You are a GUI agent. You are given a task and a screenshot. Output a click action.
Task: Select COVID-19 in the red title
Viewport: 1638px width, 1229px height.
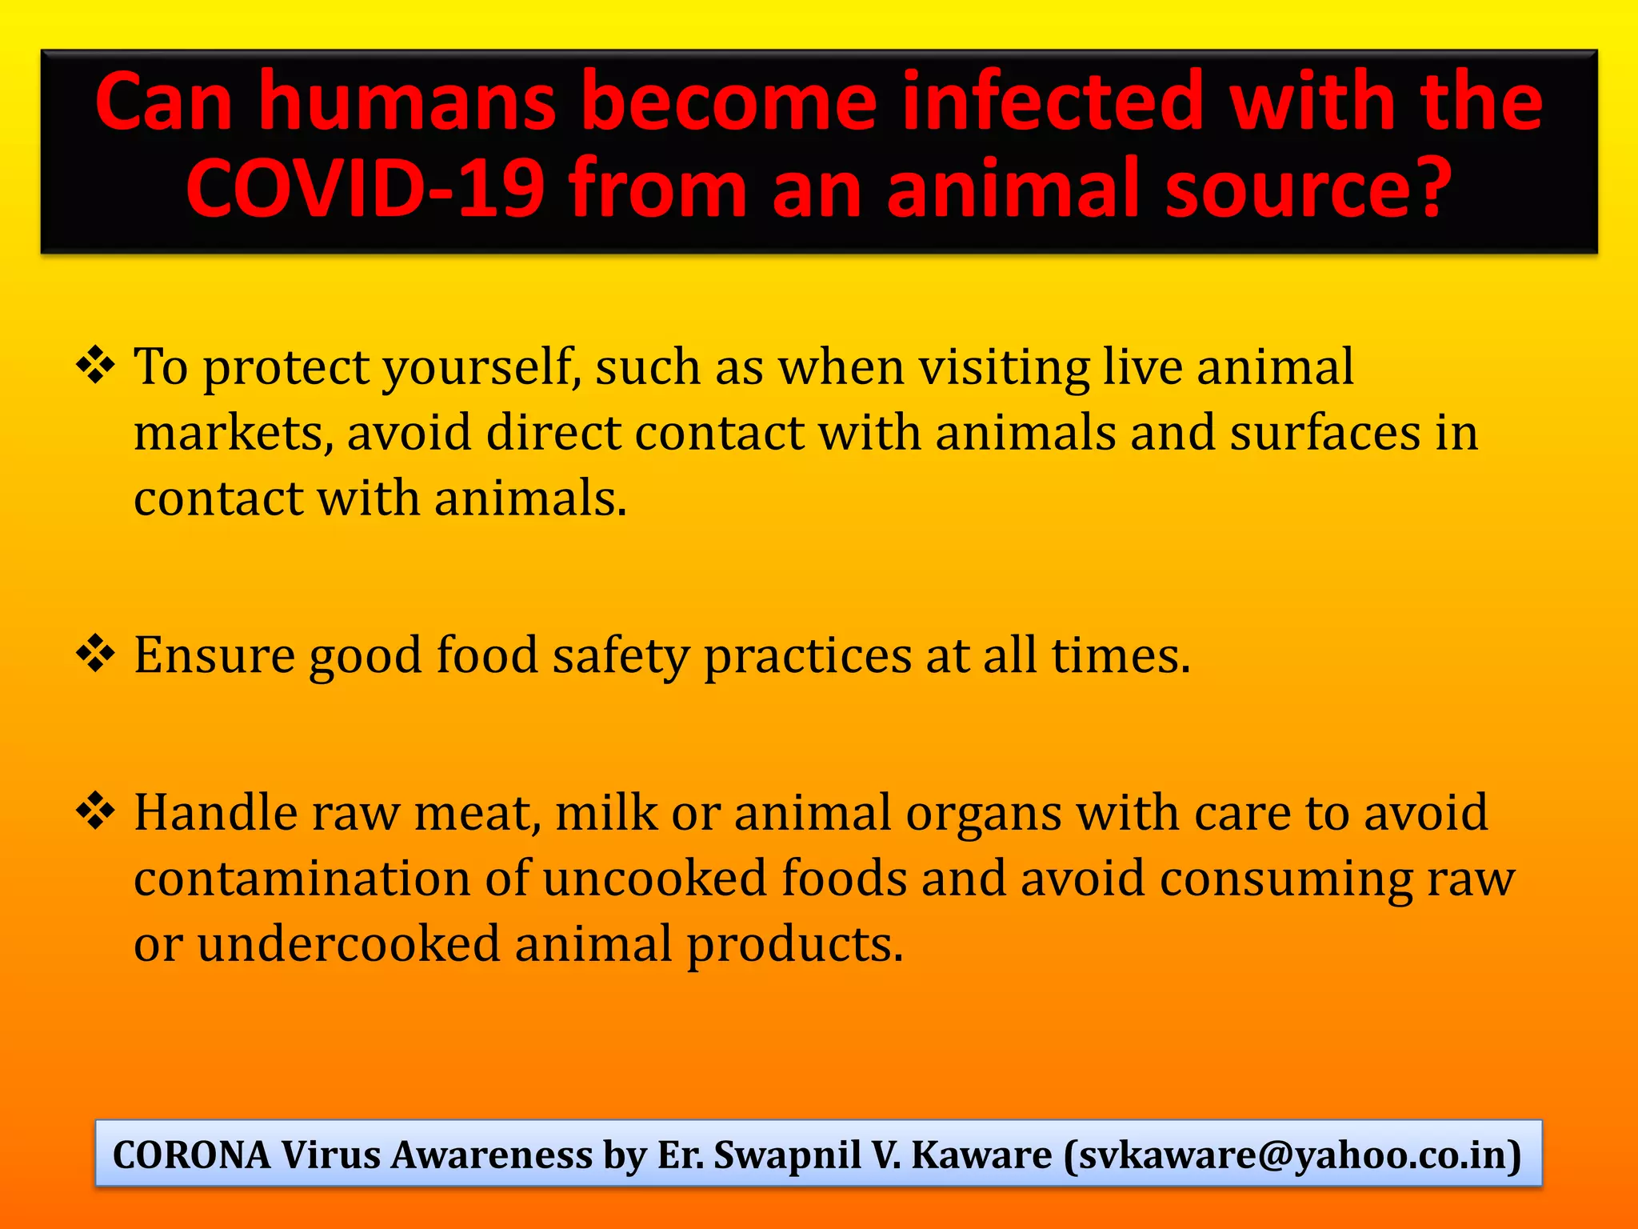click(366, 188)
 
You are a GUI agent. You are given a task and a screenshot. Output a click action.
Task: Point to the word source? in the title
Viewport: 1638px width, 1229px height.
click(1307, 188)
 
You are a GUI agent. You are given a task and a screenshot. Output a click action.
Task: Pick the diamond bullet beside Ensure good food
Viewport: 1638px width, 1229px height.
click(96, 653)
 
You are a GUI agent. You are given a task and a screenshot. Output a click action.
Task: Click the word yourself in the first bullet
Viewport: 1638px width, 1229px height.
click(481, 369)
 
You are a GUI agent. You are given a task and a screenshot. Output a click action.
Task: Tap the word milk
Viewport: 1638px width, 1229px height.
click(605, 813)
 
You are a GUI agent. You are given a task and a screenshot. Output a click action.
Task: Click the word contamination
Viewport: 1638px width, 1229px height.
click(302, 878)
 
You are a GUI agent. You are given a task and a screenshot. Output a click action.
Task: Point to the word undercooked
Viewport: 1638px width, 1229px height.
click(348, 944)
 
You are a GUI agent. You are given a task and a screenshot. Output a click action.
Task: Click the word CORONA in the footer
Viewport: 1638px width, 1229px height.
click(192, 1155)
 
